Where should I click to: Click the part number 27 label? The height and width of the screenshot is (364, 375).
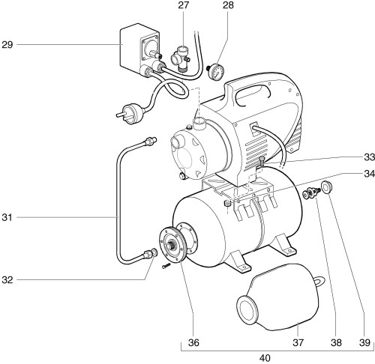pos(183,5)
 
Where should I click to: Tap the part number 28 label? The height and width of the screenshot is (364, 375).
pos(228,5)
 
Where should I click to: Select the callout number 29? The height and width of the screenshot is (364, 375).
pos(7,45)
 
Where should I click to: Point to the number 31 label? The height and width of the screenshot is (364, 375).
pos(7,217)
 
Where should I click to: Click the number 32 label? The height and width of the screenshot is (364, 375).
pos(7,280)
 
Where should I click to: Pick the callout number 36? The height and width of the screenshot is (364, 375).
pos(193,343)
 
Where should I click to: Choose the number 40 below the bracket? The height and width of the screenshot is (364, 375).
pos(265,358)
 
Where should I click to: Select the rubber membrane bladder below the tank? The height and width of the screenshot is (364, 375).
pos(280,297)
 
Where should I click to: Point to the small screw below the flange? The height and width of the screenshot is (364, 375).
pos(166,265)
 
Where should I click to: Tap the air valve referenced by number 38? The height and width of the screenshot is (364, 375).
pos(311,192)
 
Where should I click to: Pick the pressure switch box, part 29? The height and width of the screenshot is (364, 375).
pos(140,49)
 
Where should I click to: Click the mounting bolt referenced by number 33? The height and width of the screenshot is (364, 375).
pos(262,163)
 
